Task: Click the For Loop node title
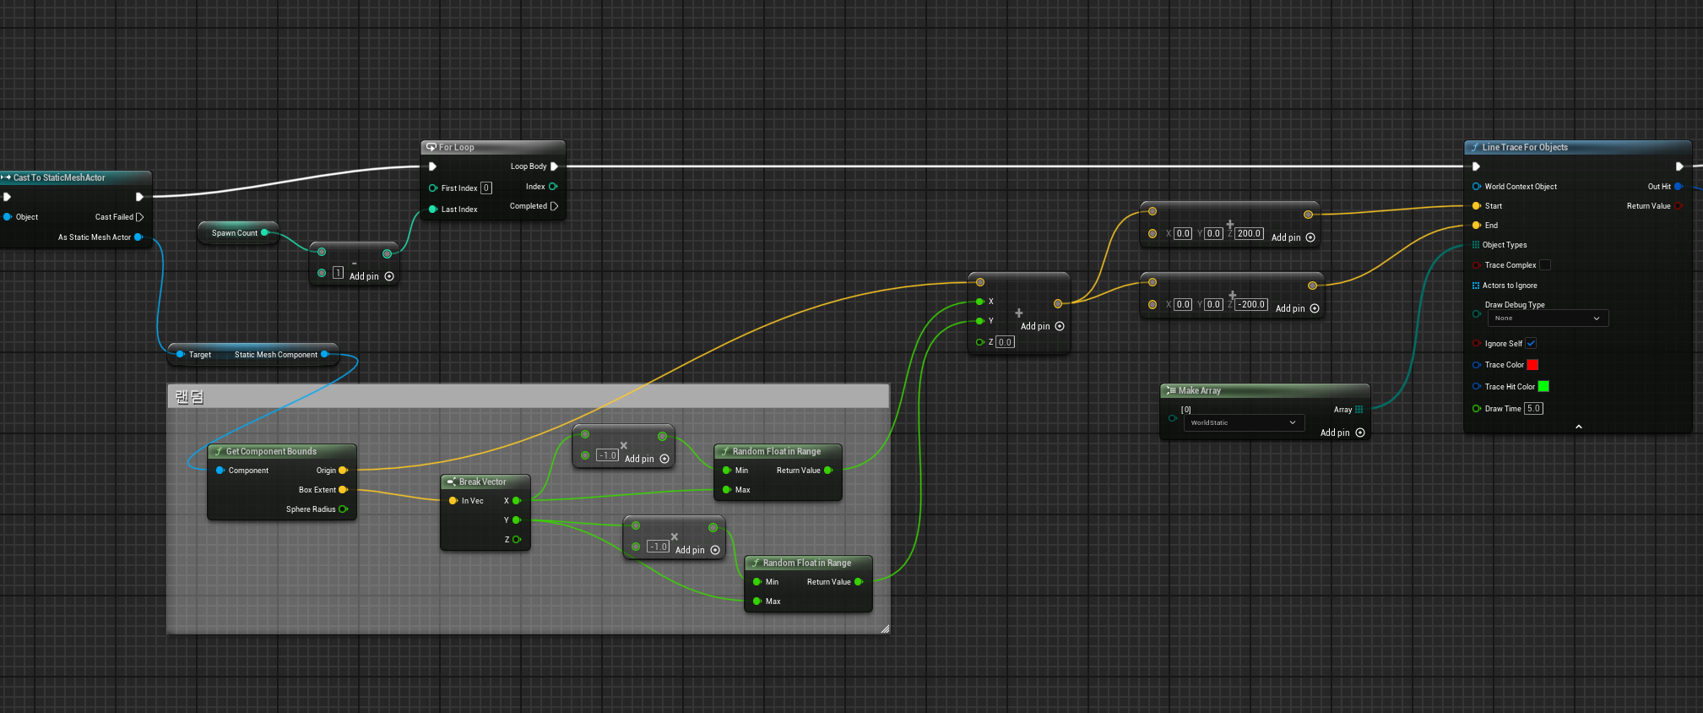[456, 147]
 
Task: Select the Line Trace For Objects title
[1524, 147]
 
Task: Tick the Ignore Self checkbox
[1531, 343]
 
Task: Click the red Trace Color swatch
[1532, 365]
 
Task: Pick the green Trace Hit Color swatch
[1543, 386]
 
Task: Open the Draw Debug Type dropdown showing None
[1547, 318]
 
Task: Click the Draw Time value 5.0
[1533, 409]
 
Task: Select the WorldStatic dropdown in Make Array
[1243, 422]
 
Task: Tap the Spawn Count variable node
[235, 233]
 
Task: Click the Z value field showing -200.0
[1252, 304]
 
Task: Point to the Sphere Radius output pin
[343, 509]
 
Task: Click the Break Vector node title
[482, 482]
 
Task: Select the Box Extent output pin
[343, 490]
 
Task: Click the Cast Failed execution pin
[139, 217]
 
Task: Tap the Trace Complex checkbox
[1544, 265]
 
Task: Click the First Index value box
[486, 188]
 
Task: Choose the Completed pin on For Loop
[554, 206]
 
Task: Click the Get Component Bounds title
[271, 451]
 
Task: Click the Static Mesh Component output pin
[325, 355]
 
